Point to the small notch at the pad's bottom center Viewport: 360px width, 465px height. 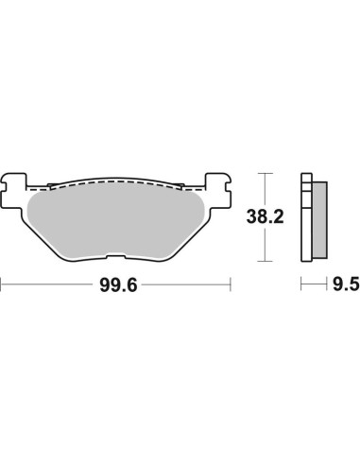pyautogui.click(x=117, y=257)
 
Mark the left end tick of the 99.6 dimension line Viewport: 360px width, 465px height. pyautogui.click(x=2, y=283)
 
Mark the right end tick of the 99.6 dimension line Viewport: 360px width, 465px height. pyautogui.click(x=231, y=283)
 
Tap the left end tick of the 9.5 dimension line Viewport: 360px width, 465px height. pyautogui.click(x=300, y=283)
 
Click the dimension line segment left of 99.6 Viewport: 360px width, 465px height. pyautogui.click(x=47, y=283)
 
